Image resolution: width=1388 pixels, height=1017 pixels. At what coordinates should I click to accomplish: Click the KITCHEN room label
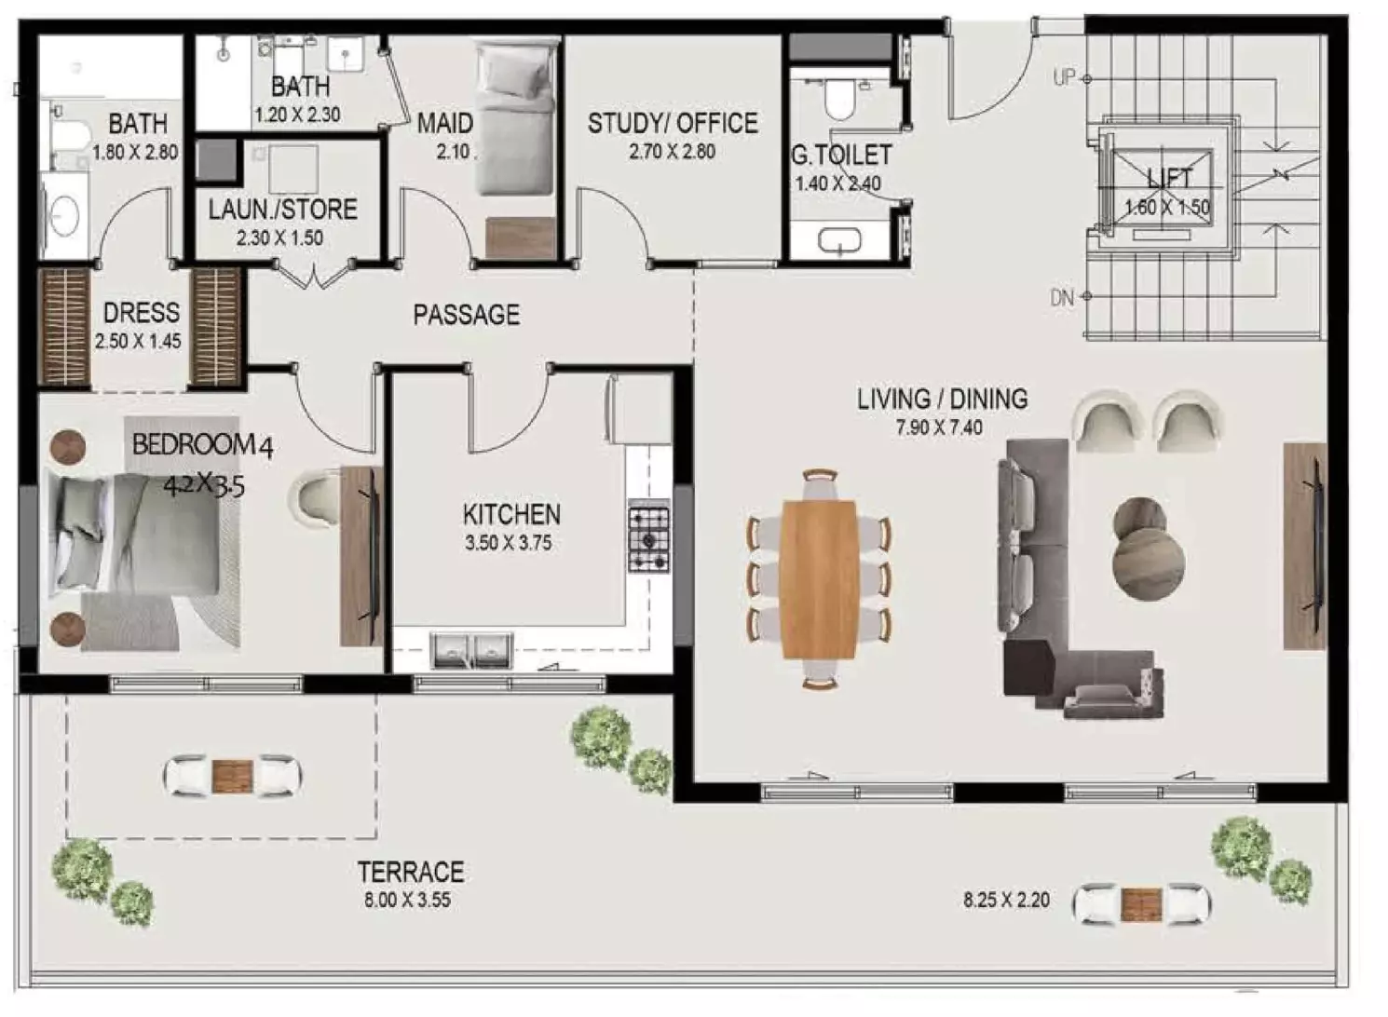[x=511, y=514]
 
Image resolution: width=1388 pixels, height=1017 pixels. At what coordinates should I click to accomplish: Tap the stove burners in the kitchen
[x=648, y=537]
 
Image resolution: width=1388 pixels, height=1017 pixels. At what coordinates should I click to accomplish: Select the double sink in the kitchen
[x=471, y=649]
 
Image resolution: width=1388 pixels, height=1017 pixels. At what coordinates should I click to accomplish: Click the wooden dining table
[x=819, y=578]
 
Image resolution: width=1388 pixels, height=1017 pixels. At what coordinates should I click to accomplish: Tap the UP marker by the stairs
[x=1064, y=78]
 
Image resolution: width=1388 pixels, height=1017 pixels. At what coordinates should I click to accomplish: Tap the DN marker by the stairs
[x=1062, y=298]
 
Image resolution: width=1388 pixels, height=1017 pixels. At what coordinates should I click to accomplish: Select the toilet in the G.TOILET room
[x=841, y=100]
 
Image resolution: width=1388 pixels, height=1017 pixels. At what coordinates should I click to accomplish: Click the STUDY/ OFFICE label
[x=672, y=124]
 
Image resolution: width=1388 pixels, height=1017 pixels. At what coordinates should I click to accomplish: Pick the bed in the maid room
[x=516, y=121]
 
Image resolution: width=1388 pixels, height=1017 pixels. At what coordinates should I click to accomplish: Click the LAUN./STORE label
[x=282, y=210]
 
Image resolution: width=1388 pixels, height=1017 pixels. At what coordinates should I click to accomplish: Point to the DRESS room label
[x=141, y=312]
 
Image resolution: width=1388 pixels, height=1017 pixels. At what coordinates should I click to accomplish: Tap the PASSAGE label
[x=466, y=315]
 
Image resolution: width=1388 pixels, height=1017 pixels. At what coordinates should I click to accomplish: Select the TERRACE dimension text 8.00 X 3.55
[x=407, y=901]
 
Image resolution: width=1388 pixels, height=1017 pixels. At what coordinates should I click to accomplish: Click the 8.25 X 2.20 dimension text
[x=1006, y=901]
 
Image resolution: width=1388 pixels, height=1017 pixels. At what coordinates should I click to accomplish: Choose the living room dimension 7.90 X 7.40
[x=939, y=428]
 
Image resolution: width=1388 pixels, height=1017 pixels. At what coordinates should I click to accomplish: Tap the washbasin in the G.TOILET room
[x=840, y=242]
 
